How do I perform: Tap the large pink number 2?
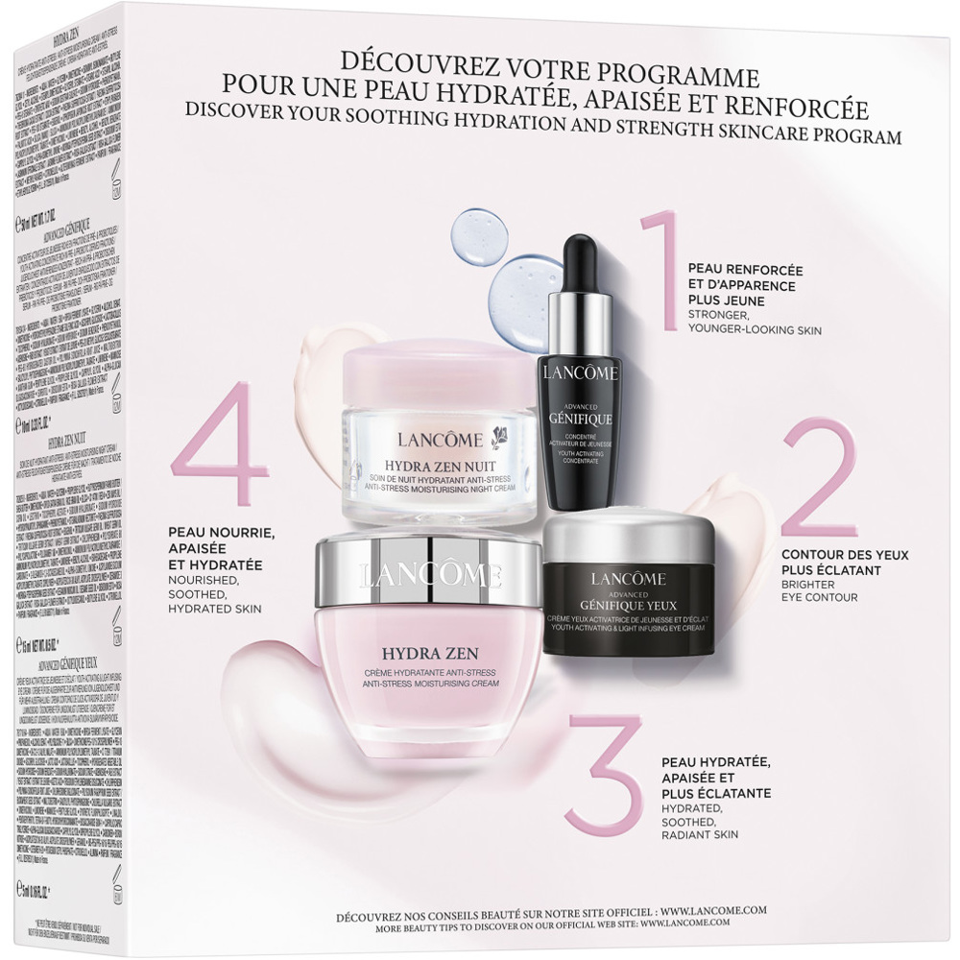[822, 481]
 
